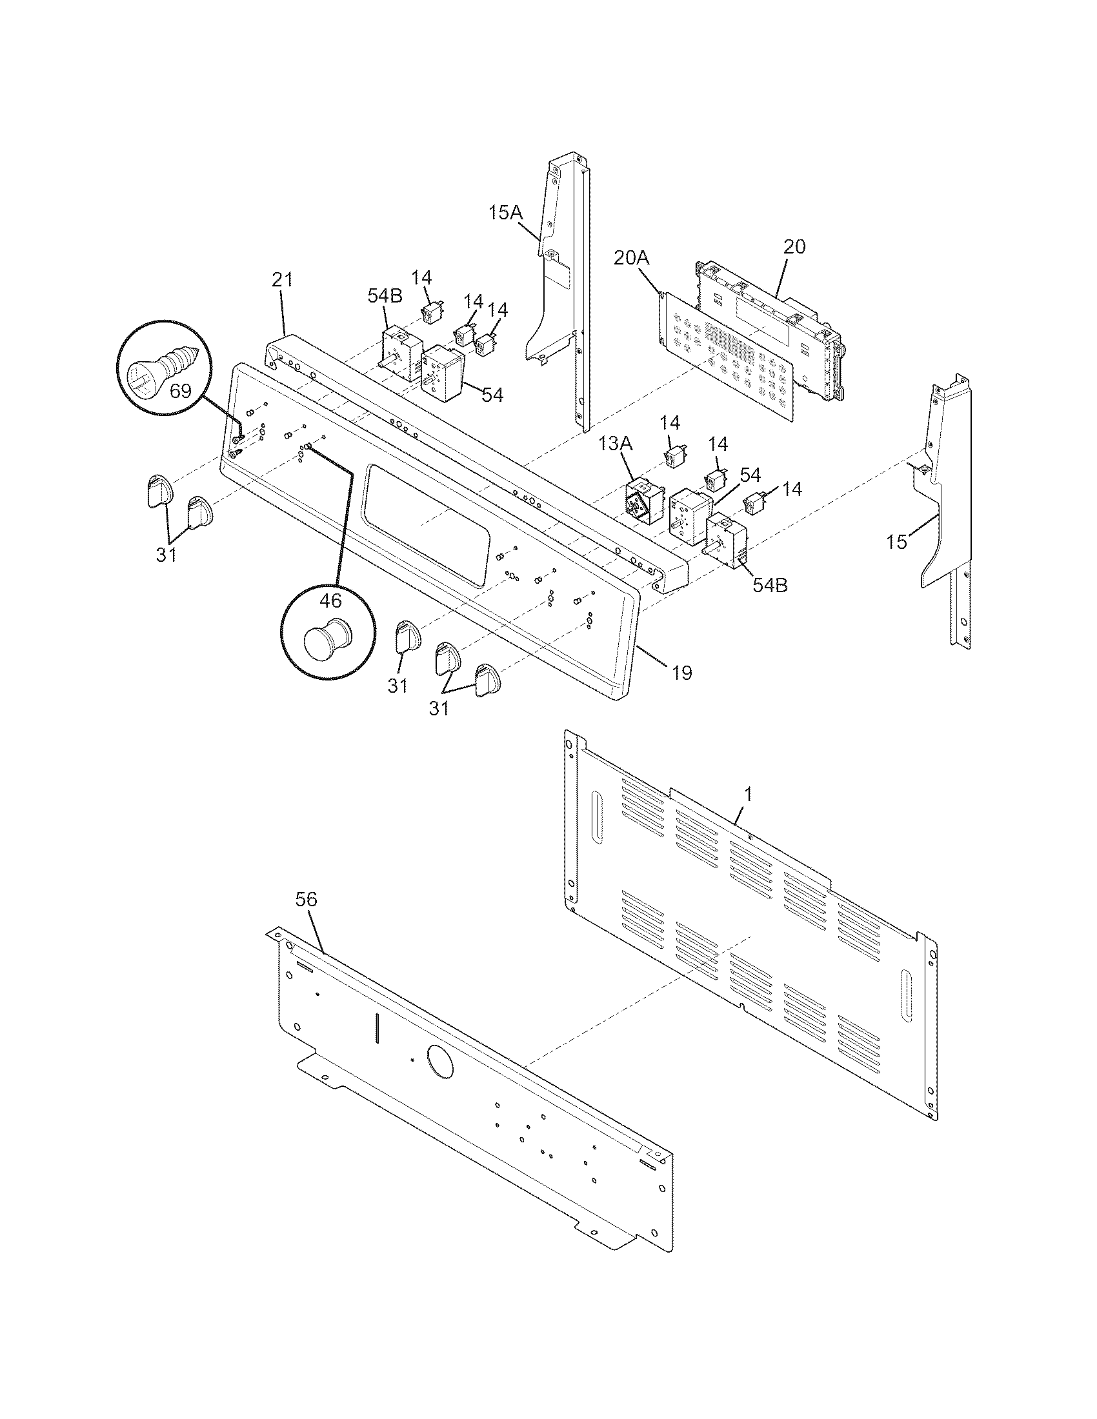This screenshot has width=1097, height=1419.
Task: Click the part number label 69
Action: coord(181,391)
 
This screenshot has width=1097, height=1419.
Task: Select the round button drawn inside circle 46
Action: coord(327,640)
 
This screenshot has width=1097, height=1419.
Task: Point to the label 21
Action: coord(282,280)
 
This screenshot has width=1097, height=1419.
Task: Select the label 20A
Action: coord(631,257)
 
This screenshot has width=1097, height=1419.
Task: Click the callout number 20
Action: coord(794,246)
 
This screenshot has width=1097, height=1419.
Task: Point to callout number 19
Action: coord(681,673)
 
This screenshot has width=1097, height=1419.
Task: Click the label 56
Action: coord(306,899)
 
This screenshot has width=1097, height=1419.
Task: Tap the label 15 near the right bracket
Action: coord(896,541)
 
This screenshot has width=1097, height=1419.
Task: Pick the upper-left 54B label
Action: coord(385,295)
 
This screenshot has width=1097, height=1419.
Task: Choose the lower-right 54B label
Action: coord(770,584)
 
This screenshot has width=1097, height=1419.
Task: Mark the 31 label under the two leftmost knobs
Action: coord(166,554)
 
